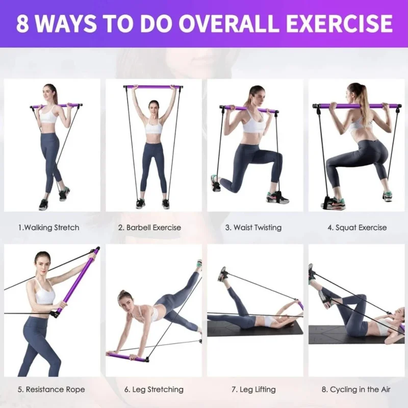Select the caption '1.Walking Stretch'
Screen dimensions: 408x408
click(x=48, y=227)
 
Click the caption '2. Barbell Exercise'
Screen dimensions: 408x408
click(x=149, y=227)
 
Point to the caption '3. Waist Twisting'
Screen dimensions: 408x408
click(x=253, y=227)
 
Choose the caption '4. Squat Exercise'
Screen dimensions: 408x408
click(x=357, y=227)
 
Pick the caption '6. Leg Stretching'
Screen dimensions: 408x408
click(x=154, y=390)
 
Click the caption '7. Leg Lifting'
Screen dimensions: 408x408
click(x=253, y=390)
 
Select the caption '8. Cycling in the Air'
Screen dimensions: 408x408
click(x=356, y=390)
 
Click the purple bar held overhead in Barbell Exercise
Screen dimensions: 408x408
click(x=153, y=87)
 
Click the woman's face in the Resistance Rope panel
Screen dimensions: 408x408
click(x=42, y=260)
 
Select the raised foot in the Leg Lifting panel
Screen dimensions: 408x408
click(x=222, y=274)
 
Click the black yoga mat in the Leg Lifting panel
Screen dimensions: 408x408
click(x=255, y=329)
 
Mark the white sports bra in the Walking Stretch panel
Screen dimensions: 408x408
click(x=50, y=116)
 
